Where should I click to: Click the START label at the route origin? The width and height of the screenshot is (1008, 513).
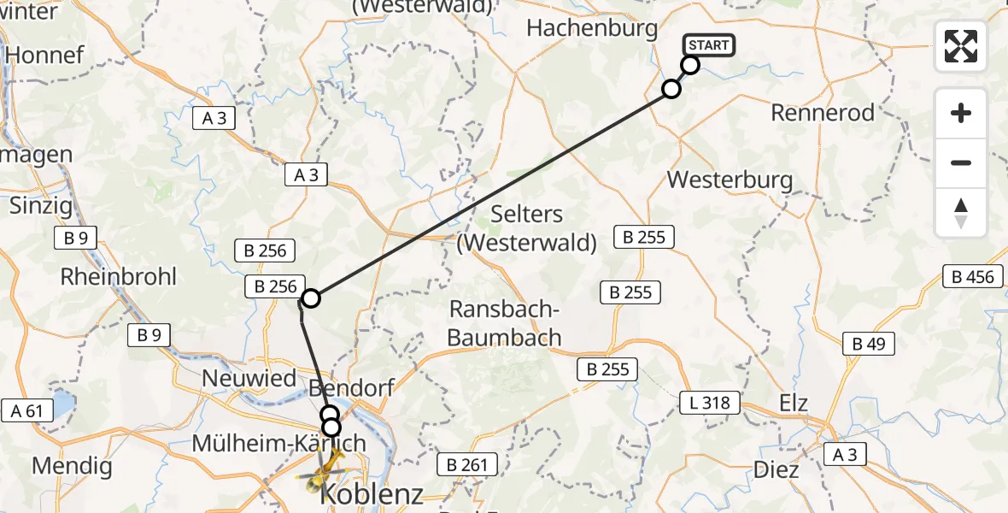(x=708, y=45)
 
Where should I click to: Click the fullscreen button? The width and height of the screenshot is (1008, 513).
(x=961, y=46)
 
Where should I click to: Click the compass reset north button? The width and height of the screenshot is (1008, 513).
(x=961, y=213)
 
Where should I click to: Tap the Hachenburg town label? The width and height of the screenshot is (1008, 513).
(x=592, y=28)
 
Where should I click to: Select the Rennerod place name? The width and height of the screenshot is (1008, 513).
(x=823, y=112)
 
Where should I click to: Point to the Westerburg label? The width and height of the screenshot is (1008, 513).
(x=730, y=180)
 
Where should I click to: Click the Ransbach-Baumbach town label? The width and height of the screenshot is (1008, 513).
(x=504, y=323)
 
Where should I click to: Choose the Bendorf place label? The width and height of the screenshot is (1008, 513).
(x=351, y=389)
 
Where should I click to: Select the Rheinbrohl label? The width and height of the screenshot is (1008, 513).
(x=119, y=276)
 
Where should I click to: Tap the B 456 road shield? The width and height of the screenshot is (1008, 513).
(x=973, y=276)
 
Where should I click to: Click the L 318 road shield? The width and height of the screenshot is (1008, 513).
(x=708, y=402)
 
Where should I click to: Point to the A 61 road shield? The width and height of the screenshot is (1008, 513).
(x=27, y=411)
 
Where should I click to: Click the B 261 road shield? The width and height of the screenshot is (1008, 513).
(x=466, y=465)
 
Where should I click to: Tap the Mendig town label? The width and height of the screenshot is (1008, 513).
(x=72, y=466)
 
